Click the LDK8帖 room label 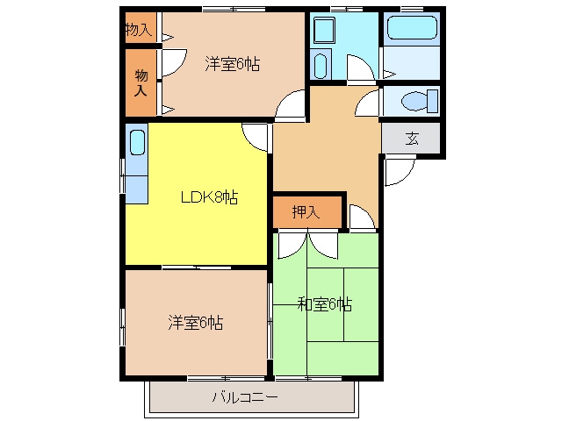coord(209,197)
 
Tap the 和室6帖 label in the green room coord(325,304)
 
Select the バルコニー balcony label coord(245,397)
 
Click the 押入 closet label coord(306,212)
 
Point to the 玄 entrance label coord(412,139)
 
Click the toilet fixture coord(420,102)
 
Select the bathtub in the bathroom coord(412,27)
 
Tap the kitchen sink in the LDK coord(137,142)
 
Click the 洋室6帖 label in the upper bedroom coord(232,64)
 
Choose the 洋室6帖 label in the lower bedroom coord(195,322)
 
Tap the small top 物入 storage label coord(139,29)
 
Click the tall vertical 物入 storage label coord(141,83)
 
